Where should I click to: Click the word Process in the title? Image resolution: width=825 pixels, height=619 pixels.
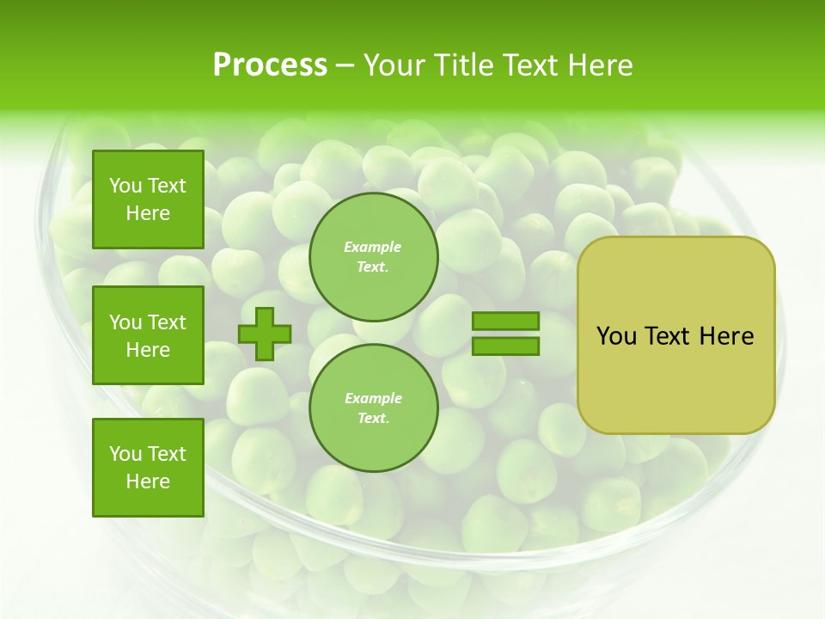tap(270, 65)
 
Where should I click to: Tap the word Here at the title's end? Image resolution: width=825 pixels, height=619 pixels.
tap(598, 65)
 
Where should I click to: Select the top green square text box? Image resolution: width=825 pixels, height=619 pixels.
tap(148, 199)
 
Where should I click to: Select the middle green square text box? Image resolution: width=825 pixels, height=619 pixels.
tap(148, 335)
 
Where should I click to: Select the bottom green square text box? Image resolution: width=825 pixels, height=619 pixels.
tap(148, 468)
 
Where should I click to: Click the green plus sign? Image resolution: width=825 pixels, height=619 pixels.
tap(265, 334)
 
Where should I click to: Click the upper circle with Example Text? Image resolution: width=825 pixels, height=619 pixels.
tap(373, 256)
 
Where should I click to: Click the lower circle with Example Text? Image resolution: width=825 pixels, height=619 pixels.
tap(373, 408)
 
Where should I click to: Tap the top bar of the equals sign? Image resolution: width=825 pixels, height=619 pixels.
tap(506, 322)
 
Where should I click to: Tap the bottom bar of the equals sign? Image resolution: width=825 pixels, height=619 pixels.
tap(506, 346)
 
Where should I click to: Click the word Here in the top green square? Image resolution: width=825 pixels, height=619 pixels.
tap(148, 213)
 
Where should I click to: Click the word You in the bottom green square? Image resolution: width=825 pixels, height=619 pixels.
tap(125, 454)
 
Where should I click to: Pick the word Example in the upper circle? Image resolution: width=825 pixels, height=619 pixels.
tap(373, 247)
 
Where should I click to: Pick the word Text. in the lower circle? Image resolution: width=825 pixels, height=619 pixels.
tap(373, 418)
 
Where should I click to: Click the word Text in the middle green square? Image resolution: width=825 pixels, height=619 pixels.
tap(167, 322)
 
